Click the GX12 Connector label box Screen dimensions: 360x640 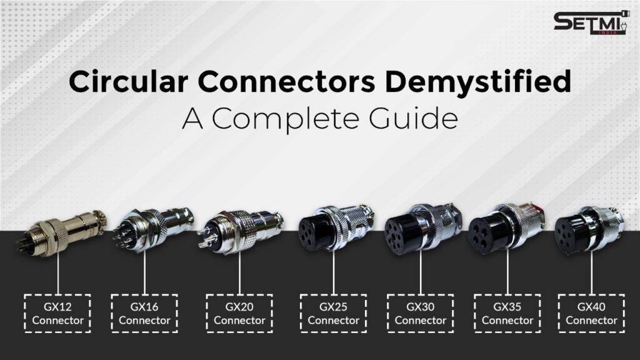point(57,313)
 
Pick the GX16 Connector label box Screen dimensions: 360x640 point(144,313)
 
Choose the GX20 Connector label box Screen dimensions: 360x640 point(239,313)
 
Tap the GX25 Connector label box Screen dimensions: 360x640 point(333,313)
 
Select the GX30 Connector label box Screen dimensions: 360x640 point(420,313)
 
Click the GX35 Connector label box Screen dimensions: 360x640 point(507,313)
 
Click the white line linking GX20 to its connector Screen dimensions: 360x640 point(240,272)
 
